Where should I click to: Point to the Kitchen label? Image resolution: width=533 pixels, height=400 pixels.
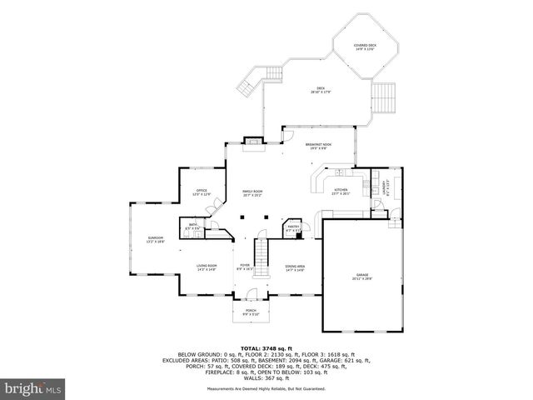coord(341,192)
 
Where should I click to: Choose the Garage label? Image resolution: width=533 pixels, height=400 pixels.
coord(361,275)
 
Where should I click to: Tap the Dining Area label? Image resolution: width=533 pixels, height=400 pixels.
coord(295,268)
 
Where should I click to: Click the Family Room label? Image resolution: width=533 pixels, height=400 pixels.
coord(252,193)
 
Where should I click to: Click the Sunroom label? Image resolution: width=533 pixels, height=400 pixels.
coord(156,240)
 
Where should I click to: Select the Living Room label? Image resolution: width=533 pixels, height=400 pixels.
coord(207,268)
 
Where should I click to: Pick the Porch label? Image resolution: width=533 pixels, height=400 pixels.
coord(252,312)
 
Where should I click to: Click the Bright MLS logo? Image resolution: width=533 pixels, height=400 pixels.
coord(32,388)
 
